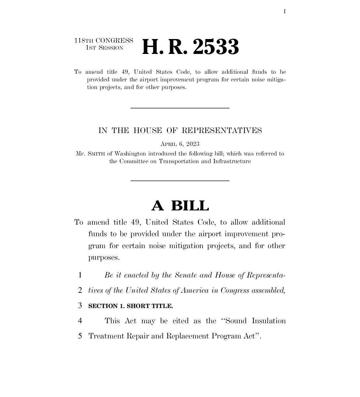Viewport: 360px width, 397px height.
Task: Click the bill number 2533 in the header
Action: tap(215, 47)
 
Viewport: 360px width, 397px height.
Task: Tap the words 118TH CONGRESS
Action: tap(104, 41)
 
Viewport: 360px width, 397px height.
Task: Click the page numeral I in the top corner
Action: tap(285, 12)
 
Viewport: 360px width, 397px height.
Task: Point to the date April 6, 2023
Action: tap(180, 144)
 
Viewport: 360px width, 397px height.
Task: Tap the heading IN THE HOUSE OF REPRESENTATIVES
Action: tap(180, 131)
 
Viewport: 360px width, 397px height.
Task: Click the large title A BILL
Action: tap(180, 206)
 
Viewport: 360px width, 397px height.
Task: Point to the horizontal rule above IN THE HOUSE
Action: tap(180, 108)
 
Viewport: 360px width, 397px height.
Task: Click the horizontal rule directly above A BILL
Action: tap(180, 181)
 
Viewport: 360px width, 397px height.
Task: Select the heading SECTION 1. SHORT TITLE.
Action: tap(131, 306)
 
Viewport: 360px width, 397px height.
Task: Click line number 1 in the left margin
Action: tap(80, 275)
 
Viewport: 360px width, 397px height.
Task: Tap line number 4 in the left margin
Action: tap(80, 321)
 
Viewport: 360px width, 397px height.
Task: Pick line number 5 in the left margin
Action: tap(80, 336)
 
